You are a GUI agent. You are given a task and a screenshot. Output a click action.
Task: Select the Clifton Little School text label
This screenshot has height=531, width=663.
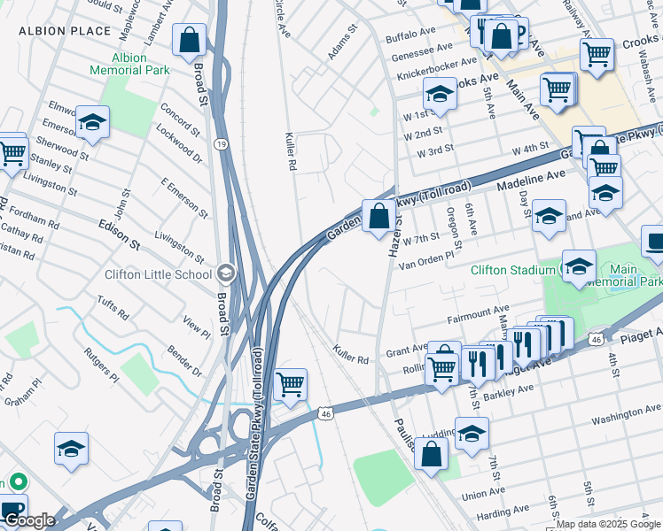(158, 273)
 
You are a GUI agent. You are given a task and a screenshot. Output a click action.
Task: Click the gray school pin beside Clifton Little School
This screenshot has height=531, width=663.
(227, 273)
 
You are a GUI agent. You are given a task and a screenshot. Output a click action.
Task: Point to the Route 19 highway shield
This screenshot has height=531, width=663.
(220, 143)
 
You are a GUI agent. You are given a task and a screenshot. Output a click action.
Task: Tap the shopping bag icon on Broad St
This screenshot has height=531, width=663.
(189, 40)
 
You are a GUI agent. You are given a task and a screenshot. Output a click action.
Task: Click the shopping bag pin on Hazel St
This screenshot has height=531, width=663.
(378, 216)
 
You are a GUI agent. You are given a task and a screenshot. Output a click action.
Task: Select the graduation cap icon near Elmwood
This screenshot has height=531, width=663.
(91, 124)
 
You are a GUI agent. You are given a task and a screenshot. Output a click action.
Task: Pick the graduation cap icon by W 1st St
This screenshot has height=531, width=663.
(439, 93)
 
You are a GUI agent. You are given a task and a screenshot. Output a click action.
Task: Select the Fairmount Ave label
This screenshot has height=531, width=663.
(479, 314)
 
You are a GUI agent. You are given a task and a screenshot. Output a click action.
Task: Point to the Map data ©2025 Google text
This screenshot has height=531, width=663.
(608, 525)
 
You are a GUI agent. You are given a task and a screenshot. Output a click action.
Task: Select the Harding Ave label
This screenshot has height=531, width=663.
(503, 513)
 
